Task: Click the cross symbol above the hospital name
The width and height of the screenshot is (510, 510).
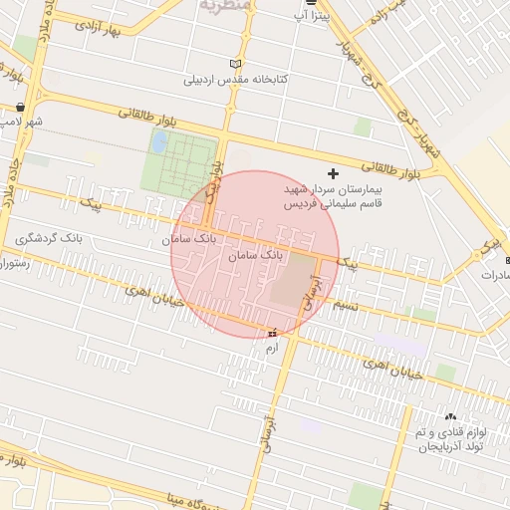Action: pyautogui.click(x=333, y=173)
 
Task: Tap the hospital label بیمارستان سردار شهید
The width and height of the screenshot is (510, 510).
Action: pyautogui.click(x=332, y=188)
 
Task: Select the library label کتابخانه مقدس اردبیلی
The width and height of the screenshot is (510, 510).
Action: pyautogui.click(x=235, y=79)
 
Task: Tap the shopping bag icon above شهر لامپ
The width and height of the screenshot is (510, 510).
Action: pyautogui.click(x=21, y=107)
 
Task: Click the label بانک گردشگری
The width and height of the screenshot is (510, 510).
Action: pyautogui.click(x=50, y=240)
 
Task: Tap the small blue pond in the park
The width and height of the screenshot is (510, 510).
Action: pyautogui.click(x=158, y=141)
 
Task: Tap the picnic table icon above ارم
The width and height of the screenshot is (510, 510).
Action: pyautogui.click(x=272, y=333)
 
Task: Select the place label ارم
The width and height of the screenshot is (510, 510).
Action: pyautogui.click(x=270, y=349)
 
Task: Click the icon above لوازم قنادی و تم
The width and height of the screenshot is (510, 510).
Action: pyautogui.click(x=450, y=416)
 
